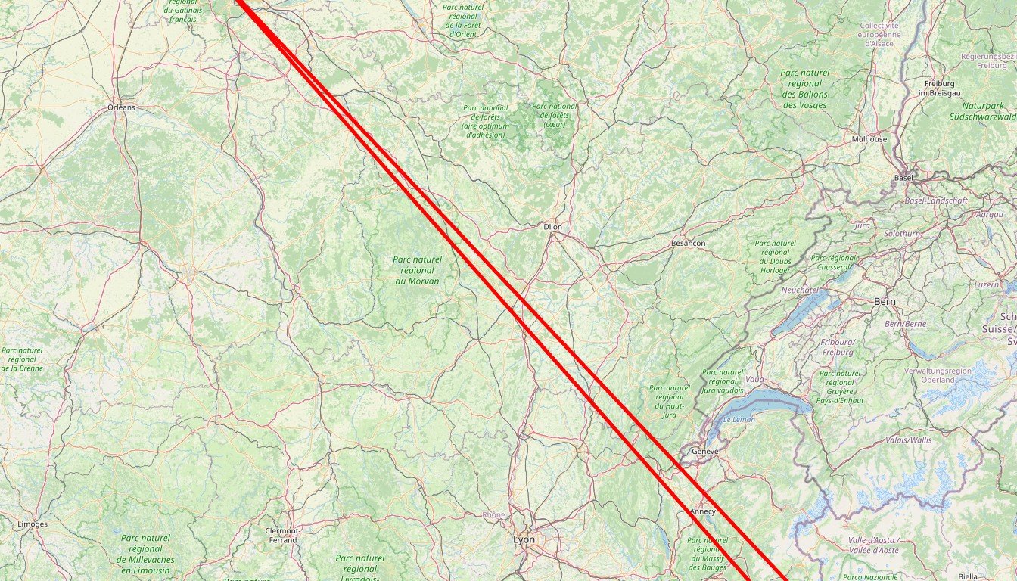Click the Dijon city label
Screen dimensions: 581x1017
point(552,226)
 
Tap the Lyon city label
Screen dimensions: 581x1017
point(524,539)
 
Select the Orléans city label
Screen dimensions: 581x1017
point(121,107)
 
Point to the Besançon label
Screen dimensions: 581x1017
point(688,243)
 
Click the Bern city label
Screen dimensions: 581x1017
point(885,301)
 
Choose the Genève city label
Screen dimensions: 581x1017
point(704,452)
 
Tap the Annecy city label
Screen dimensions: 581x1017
point(703,511)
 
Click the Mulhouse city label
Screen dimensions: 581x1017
point(869,139)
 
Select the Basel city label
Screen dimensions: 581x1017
point(903,178)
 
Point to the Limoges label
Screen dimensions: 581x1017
point(33,524)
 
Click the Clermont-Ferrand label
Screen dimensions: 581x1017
point(282,535)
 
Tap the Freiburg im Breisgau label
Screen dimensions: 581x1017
point(939,88)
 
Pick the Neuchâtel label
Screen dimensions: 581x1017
point(800,290)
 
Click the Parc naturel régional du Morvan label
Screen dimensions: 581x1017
point(417,270)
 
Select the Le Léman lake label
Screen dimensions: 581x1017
point(739,419)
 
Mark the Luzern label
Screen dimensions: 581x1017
point(986,284)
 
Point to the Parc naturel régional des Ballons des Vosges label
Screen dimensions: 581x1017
point(804,89)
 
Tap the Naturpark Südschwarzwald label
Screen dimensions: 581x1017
point(981,111)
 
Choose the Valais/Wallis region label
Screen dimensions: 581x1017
point(909,440)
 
